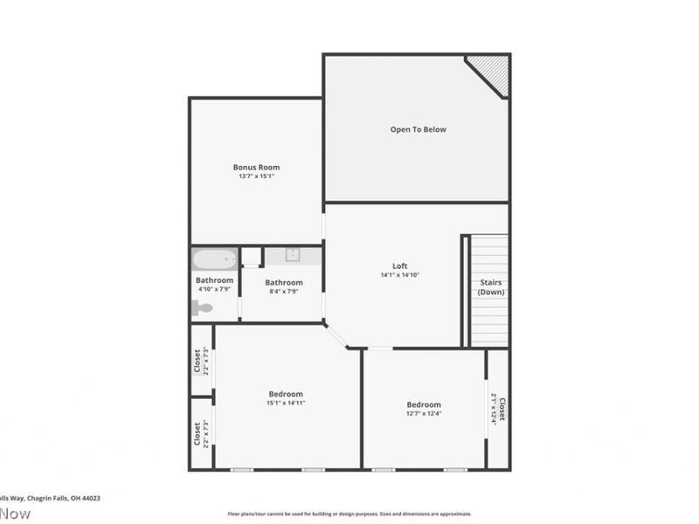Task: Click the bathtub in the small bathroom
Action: point(214,259)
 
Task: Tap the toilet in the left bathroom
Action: point(203,307)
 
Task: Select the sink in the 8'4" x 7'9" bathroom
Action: point(293,256)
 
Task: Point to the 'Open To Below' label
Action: point(418,129)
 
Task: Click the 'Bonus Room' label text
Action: point(256,167)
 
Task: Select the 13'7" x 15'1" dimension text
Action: point(256,176)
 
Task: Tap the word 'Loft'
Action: point(399,266)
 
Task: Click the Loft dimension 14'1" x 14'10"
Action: point(399,275)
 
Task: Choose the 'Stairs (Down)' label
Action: point(491,287)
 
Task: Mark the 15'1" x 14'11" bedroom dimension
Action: point(286,403)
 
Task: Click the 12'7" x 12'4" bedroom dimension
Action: point(424,414)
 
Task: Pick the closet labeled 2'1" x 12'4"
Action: point(498,408)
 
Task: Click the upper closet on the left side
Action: point(201,360)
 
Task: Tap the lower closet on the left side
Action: point(201,433)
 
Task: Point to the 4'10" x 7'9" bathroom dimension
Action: point(214,289)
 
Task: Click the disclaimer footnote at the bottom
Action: point(349,514)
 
